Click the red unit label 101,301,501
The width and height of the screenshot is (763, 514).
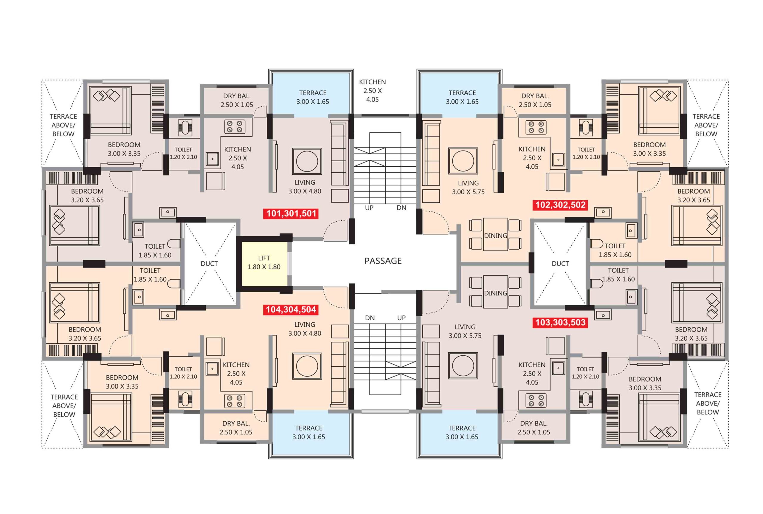pos(291,214)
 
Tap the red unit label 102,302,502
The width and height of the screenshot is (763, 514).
pos(560,205)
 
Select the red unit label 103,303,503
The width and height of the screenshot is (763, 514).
pos(560,323)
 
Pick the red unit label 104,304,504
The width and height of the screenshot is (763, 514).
pos(291,309)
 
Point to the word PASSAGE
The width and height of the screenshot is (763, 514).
pos(383,261)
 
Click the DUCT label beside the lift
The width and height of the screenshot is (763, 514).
pos(209,264)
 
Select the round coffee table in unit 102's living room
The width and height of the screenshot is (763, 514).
pos(463,161)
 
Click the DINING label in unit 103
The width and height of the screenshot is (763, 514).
pos(495,293)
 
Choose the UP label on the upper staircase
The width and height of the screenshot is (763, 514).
pos(369,208)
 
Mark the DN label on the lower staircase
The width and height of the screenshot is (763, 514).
pos(370,318)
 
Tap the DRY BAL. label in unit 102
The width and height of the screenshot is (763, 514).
pos(535,96)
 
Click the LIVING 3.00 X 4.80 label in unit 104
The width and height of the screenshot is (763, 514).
pos(305,329)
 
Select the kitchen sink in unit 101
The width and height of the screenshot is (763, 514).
pos(212,159)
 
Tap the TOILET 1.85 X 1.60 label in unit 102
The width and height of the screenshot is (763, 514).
pos(615,250)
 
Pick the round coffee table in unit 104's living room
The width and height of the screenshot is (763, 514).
pos(307,366)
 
